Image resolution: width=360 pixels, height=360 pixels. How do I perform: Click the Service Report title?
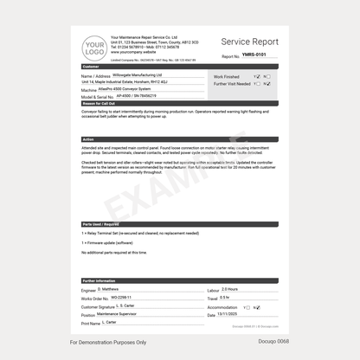[x=249, y=42]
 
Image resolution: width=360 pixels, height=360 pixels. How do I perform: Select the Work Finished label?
[x=227, y=76]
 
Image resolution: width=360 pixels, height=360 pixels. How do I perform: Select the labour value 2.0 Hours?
[x=230, y=289]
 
